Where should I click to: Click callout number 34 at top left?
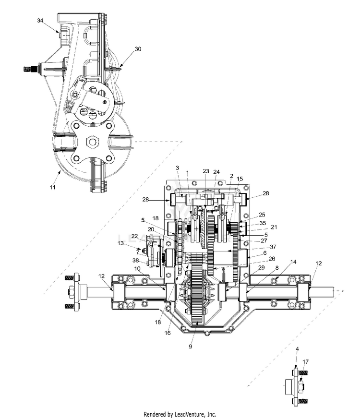coord(40,21)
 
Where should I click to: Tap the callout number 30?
coord(138,49)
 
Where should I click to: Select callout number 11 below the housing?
coord(53,187)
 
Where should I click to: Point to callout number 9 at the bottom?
coord(190,347)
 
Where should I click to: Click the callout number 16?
coord(168,333)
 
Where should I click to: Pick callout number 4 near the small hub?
coord(297,349)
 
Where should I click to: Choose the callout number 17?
coord(305,361)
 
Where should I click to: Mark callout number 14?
coord(293,262)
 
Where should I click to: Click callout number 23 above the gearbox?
coord(206,171)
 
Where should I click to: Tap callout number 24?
coord(216,172)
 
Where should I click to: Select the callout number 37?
coord(273,247)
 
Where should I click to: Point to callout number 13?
coord(121,243)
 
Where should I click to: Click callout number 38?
coord(136,260)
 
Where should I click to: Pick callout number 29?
coord(262,267)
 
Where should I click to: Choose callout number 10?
coord(137,268)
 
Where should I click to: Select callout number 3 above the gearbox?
coord(177,168)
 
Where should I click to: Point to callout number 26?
coord(272,259)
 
